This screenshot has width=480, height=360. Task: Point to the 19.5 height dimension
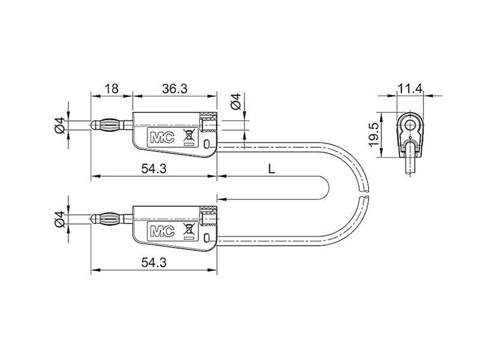point(373,135)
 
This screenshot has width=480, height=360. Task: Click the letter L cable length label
point(271,170)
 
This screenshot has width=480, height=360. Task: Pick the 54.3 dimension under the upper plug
point(153,169)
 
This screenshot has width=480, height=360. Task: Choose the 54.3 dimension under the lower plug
point(153,262)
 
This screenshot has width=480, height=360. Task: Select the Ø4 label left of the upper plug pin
point(59,125)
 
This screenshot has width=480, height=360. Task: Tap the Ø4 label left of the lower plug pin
point(59,218)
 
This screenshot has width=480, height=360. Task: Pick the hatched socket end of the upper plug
point(209,125)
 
